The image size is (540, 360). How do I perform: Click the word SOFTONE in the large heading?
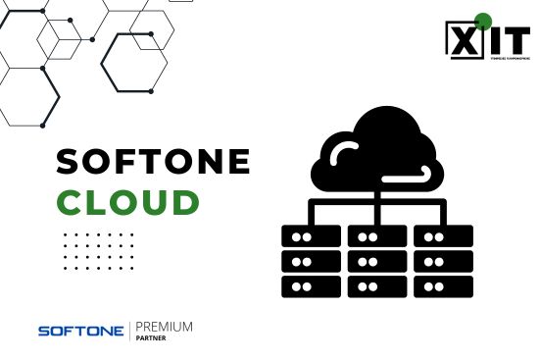click(152, 161)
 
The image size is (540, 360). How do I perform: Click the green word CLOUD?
click(128, 201)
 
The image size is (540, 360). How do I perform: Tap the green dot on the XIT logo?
click(482, 20)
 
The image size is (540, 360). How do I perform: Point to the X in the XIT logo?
click(463, 39)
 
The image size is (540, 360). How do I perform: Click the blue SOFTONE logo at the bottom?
click(80, 332)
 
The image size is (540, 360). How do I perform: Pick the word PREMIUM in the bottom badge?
click(164, 326)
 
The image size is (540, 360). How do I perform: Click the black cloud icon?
click(374, 152)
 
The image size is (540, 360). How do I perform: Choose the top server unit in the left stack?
click(311, 236)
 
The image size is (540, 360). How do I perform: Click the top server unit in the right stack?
click(443, 236)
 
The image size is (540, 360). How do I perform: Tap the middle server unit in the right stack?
click(443, 262)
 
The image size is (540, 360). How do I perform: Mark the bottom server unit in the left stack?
click(311, 286)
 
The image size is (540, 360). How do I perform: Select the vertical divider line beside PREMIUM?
click(130, 331)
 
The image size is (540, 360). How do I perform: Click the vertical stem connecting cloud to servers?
click(376, 200)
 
